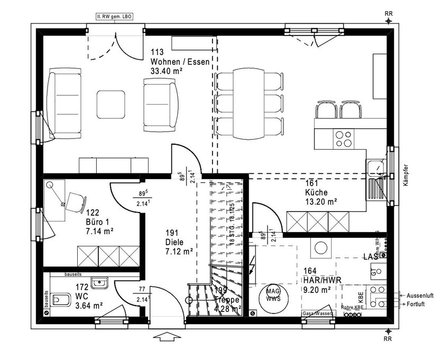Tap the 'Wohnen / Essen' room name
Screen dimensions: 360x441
(x=180, y=61)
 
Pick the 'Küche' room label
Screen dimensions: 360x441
(x=316, y=192)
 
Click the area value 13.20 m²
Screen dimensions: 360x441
(x=321, y=201)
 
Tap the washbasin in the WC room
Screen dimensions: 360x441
(x=99, y=284)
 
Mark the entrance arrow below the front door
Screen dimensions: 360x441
(x=169, y=335)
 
